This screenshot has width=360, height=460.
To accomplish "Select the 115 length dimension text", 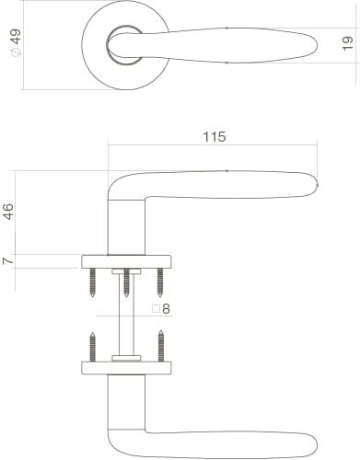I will coord(213,137).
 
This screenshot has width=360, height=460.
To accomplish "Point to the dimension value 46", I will coord(9,213).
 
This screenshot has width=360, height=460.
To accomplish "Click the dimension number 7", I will coord(9,261).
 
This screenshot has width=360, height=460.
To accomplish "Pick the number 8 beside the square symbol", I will coord(167,310).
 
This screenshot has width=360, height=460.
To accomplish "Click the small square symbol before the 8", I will coord(156,310).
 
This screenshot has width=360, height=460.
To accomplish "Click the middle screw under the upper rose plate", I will coord(126,282).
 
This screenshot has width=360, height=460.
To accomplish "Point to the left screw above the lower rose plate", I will coord(93,347).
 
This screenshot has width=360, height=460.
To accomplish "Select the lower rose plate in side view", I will coord(126,367).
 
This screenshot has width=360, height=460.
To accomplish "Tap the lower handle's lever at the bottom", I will coord(230,444).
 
